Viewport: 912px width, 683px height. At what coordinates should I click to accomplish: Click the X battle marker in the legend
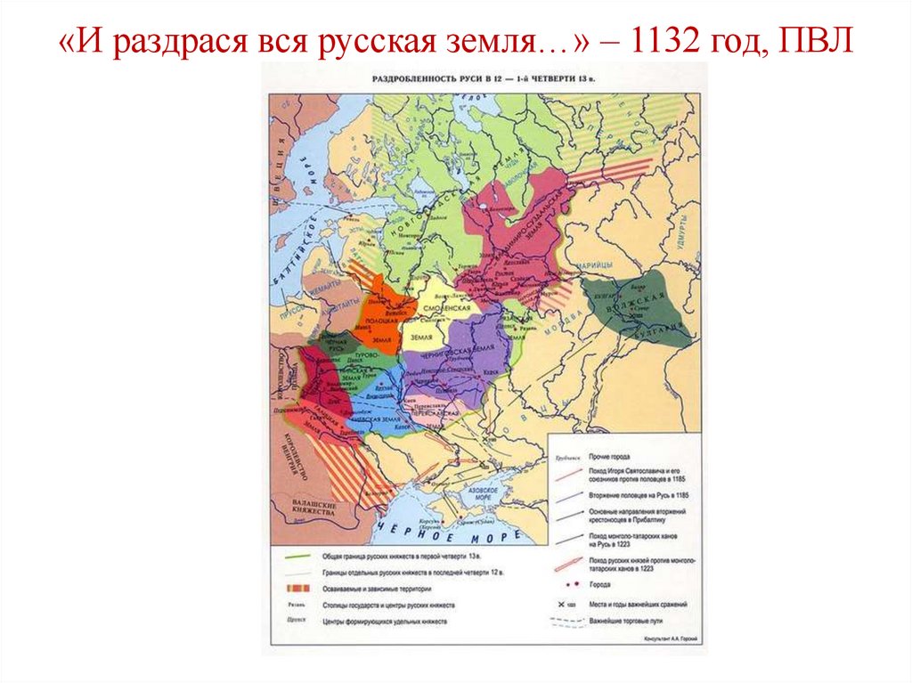(561, 604)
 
